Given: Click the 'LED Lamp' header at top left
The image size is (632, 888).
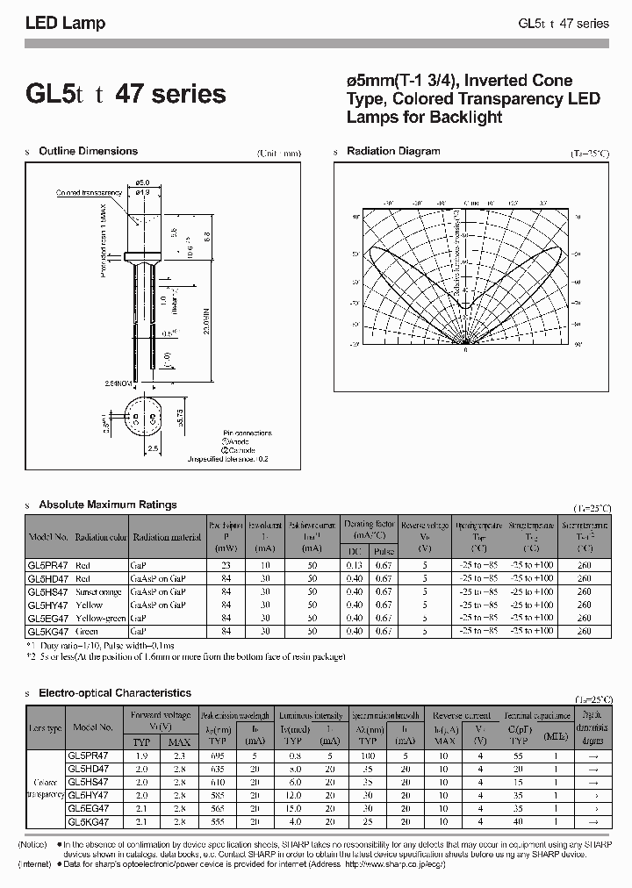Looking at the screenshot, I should tap(65, 24).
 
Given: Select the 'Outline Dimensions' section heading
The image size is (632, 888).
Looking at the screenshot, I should tap(88, 151).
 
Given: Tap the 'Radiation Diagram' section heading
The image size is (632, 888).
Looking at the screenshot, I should tap(393, 151).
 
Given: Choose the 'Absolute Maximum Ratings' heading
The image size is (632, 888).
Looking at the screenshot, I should tap(107, 505).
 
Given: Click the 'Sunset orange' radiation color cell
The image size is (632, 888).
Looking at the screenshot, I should tap(99, 592).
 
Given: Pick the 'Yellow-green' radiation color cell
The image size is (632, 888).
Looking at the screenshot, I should tap(99, 618).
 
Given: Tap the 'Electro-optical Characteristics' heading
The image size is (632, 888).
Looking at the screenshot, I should tap(114, 693).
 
